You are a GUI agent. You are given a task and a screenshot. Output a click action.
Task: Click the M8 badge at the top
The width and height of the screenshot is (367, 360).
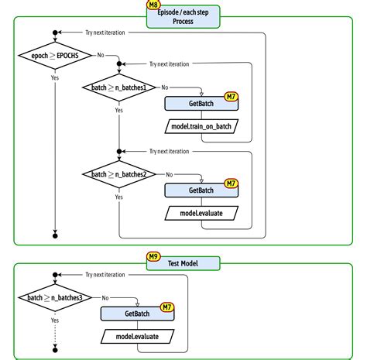click(x=154, y=5)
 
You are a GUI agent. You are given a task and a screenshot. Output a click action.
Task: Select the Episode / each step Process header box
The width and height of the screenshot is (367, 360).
click(x=183, y=16)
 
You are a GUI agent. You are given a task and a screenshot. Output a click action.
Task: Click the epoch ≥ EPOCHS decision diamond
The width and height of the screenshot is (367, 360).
click(x=54, y=55)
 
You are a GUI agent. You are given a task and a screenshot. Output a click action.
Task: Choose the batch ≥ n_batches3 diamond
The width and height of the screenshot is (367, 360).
click(x=54, y=297)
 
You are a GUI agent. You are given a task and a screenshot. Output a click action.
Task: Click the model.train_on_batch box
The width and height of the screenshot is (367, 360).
click(x=204, y=125)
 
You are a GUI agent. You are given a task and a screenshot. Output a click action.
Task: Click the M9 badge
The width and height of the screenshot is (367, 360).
click(x=154, y=255)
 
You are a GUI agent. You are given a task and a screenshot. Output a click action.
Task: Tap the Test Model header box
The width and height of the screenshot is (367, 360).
click(x=183, y=263)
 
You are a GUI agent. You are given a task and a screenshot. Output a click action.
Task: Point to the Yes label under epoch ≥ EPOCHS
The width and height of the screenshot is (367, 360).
click(x=54, y=77)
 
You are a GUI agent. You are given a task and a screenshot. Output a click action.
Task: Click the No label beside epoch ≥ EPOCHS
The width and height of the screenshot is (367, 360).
click(x=101, y=55)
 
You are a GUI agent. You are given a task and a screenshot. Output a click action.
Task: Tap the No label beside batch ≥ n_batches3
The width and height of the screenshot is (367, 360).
click(x=105, y=297)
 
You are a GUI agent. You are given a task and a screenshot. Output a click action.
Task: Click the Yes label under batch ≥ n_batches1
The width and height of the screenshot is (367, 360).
click(x=118, y=111)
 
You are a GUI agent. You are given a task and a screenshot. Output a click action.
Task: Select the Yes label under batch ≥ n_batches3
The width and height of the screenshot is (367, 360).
click(x=54, y=319)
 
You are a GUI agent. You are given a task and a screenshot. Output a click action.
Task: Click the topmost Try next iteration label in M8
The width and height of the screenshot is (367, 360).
click(x=105, y=33)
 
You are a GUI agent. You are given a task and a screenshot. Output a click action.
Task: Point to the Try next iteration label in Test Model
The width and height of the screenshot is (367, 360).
click(x=105, y=275)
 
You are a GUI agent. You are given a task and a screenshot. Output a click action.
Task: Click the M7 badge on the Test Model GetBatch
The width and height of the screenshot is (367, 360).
click(x=166, y=307)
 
